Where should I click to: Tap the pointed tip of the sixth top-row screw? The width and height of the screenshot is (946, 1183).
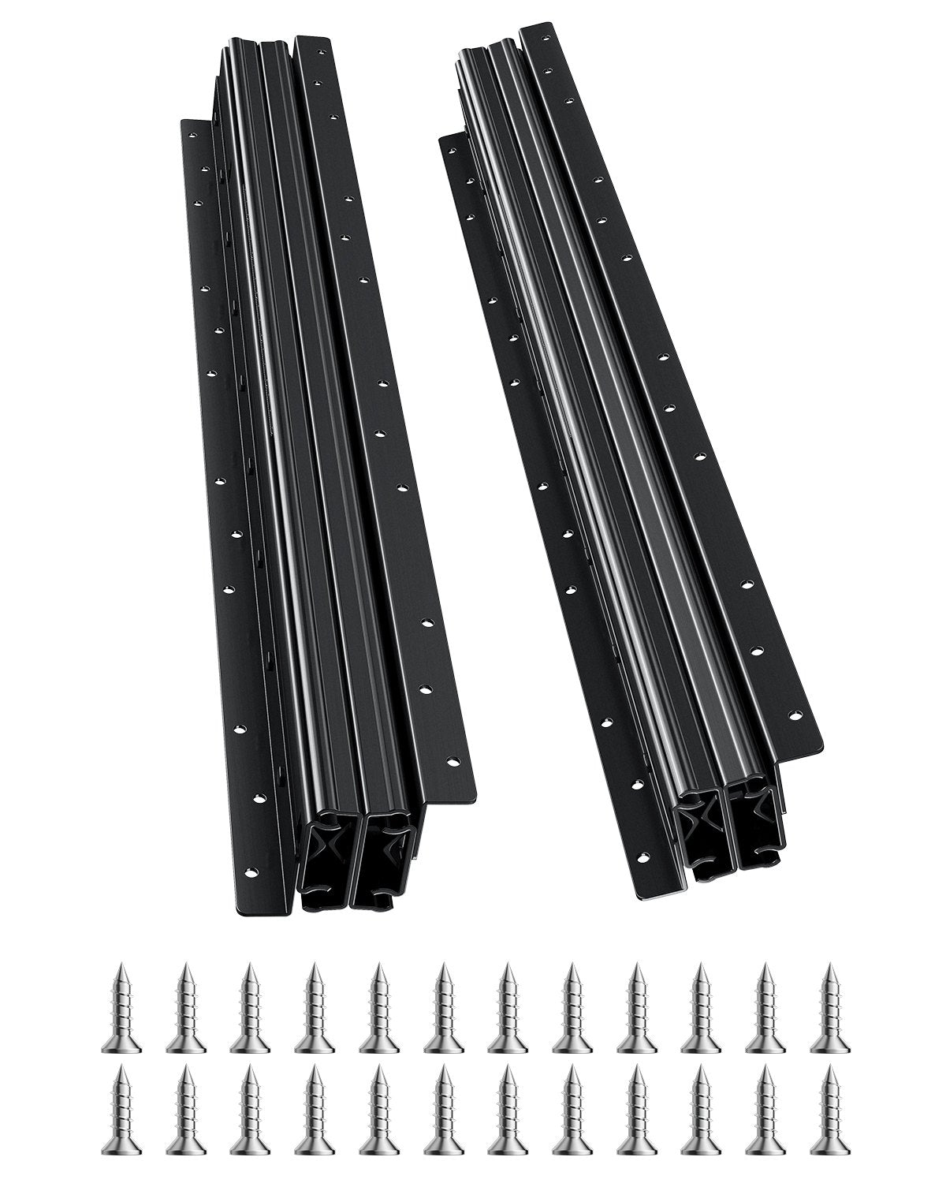[441, 966]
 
